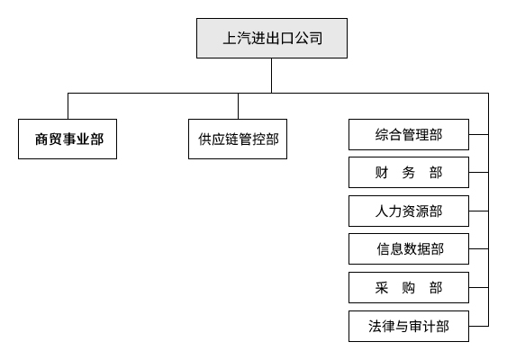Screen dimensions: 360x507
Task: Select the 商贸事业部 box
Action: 68,139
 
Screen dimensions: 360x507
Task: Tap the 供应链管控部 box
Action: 238,139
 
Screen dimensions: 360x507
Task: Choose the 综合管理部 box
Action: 409,136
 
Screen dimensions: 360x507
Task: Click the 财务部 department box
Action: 409,172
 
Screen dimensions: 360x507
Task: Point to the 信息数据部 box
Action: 409,248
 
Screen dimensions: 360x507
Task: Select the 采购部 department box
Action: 409,287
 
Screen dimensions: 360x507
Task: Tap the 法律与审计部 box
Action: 409,326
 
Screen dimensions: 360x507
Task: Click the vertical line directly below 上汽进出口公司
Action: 272,77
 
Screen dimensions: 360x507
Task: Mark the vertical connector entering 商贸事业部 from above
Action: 68,105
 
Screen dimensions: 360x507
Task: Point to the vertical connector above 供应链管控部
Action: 238,105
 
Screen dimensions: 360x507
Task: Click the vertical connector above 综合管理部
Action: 408,105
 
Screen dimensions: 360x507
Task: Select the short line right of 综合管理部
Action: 479,136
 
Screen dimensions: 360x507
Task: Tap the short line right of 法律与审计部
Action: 479,326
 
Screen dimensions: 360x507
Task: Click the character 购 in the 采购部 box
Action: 409,287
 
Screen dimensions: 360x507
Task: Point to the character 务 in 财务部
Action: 409,172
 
